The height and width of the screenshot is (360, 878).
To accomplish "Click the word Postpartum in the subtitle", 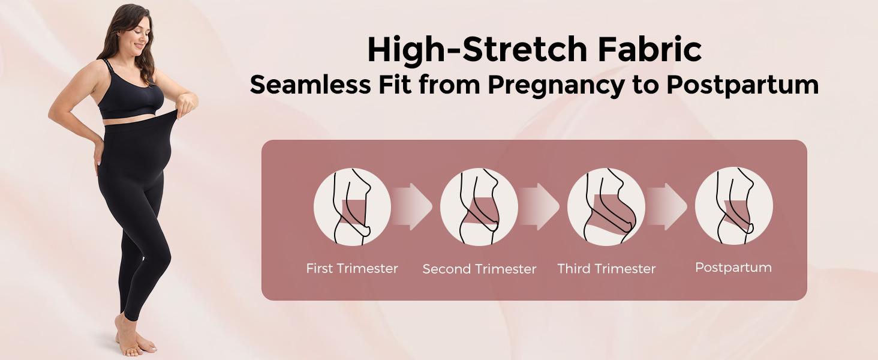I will click(742, 85).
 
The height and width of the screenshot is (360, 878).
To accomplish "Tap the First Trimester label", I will click(352, 268).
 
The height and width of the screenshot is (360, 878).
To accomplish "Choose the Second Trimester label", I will click(479, 269).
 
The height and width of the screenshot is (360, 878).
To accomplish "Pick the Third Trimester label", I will click(606, 269).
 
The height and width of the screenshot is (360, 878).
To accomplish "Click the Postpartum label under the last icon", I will click(733, 268).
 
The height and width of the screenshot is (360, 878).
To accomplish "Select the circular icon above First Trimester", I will click(352, 207).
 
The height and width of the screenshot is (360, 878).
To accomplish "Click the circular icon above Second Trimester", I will click(479, 207).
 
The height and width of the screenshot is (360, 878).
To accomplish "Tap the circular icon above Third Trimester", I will click(606, 207).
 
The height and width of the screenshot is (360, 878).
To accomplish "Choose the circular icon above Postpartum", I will click(733, 207).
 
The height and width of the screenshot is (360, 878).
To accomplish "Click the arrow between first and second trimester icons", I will click(414, 206).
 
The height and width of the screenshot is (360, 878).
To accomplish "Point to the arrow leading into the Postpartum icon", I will click(669, 206).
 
